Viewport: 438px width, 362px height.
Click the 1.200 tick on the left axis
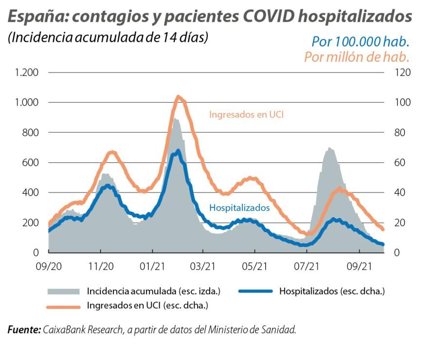(x=27, y=72)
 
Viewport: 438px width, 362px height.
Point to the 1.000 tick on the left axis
(x=27, y=103)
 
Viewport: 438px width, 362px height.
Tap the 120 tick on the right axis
(x=391, y=72)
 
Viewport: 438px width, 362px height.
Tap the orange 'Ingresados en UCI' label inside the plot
(x=246, y=115)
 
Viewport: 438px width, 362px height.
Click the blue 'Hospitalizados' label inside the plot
(x=239, y=208)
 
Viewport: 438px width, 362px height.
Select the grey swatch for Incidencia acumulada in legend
(x=63, y=291)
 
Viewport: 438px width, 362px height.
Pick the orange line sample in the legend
(x=63, y=306)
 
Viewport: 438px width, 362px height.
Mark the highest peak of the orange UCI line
(x=178, y=97)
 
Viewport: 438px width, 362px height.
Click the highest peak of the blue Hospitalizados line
(x=178, y=151)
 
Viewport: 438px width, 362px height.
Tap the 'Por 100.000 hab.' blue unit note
(x=360, y=41)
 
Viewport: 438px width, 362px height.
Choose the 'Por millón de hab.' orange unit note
(x=357, y=56)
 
